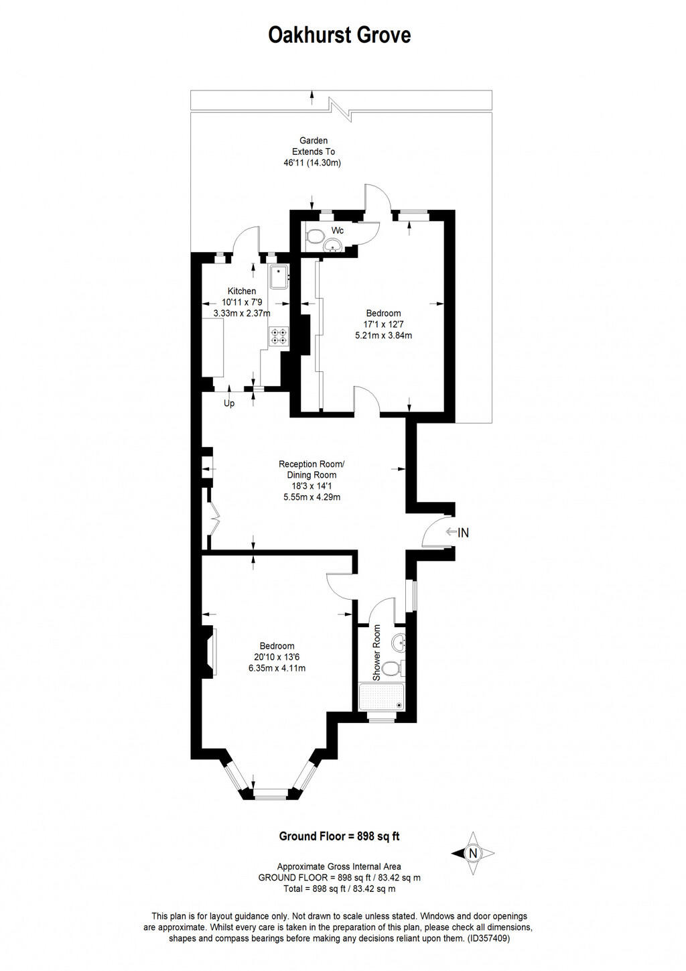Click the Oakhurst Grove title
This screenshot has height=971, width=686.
point(339,35)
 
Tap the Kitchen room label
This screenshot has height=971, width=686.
point(241,291)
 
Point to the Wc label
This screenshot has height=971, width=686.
point(338,231)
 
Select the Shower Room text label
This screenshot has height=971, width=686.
point(377,653)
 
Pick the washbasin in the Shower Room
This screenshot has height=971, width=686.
point(400,642)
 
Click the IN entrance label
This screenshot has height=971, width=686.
point(463,533)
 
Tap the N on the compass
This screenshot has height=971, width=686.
point(474,853)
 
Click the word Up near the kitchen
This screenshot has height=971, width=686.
point(229,403)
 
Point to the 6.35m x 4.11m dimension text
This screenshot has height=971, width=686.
point(277,668)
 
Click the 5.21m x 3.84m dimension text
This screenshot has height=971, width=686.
point(383,335)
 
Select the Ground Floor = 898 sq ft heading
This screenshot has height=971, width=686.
point(339,836)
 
